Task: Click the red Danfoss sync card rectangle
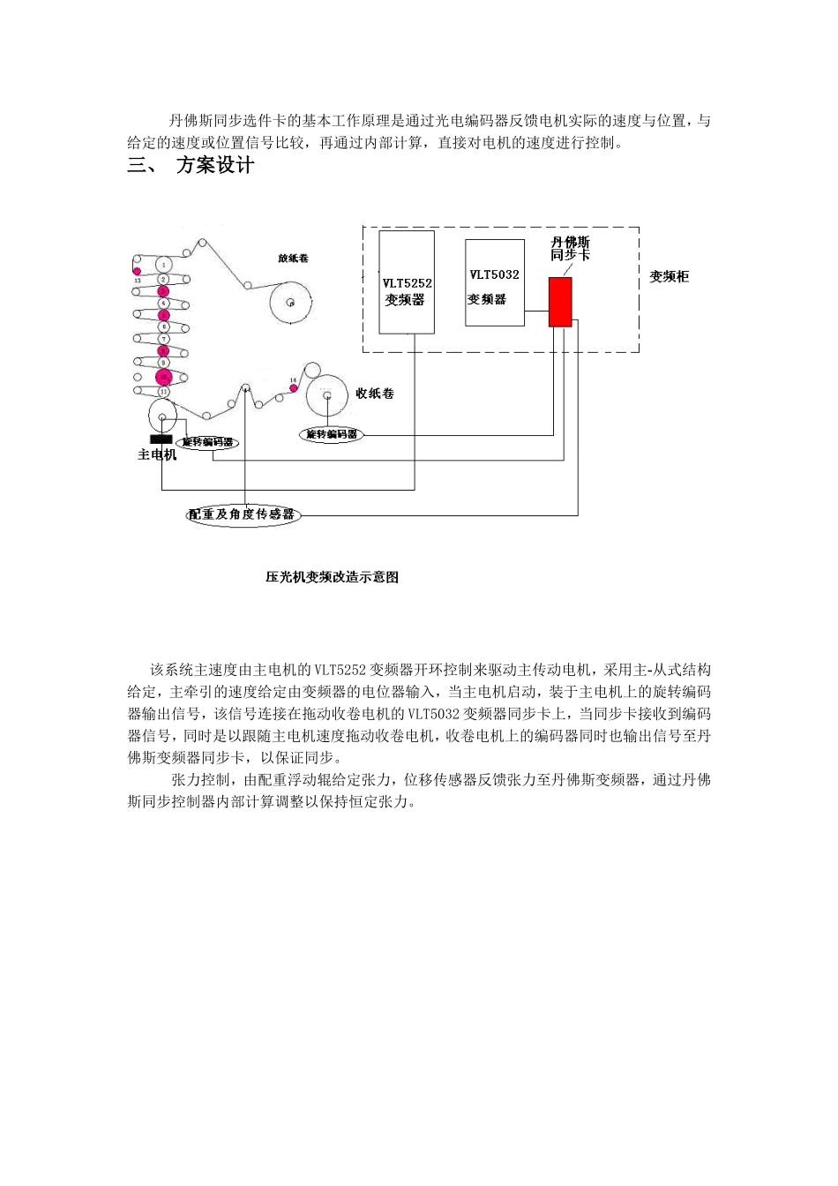560,303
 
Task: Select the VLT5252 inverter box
407,282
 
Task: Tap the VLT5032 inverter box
494,282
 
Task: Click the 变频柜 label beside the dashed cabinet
669,277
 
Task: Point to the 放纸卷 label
293,259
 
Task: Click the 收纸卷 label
375,394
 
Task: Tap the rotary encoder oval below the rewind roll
332,434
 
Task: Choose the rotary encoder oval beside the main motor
207,442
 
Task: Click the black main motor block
161,439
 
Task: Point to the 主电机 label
157,455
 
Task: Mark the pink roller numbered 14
294,382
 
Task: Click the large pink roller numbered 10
162,378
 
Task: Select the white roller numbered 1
163,265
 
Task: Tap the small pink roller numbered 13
137,271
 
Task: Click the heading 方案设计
215,165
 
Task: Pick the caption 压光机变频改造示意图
332,577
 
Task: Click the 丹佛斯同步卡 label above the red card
570,247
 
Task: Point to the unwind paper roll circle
290,303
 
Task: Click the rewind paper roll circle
326,395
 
